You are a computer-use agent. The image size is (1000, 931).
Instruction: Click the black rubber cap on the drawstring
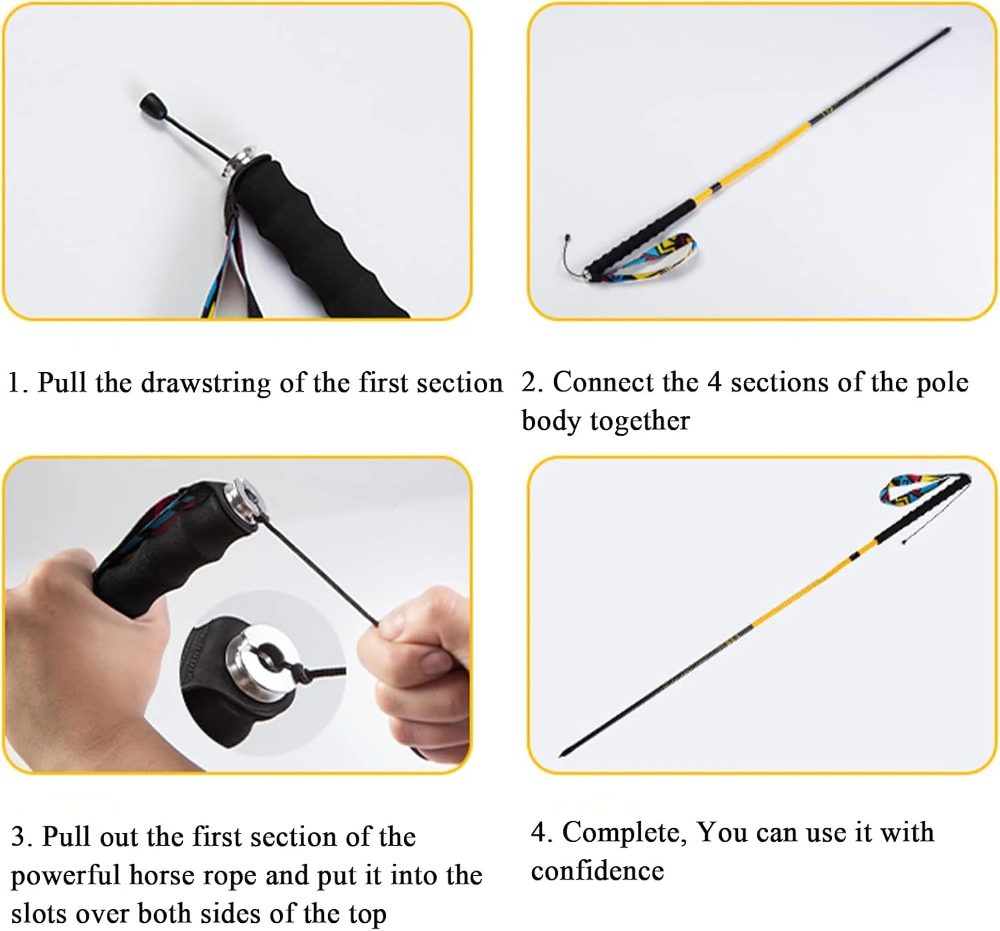[x=153, y=106]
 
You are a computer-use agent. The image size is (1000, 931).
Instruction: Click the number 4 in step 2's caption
[x=714, y=382]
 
